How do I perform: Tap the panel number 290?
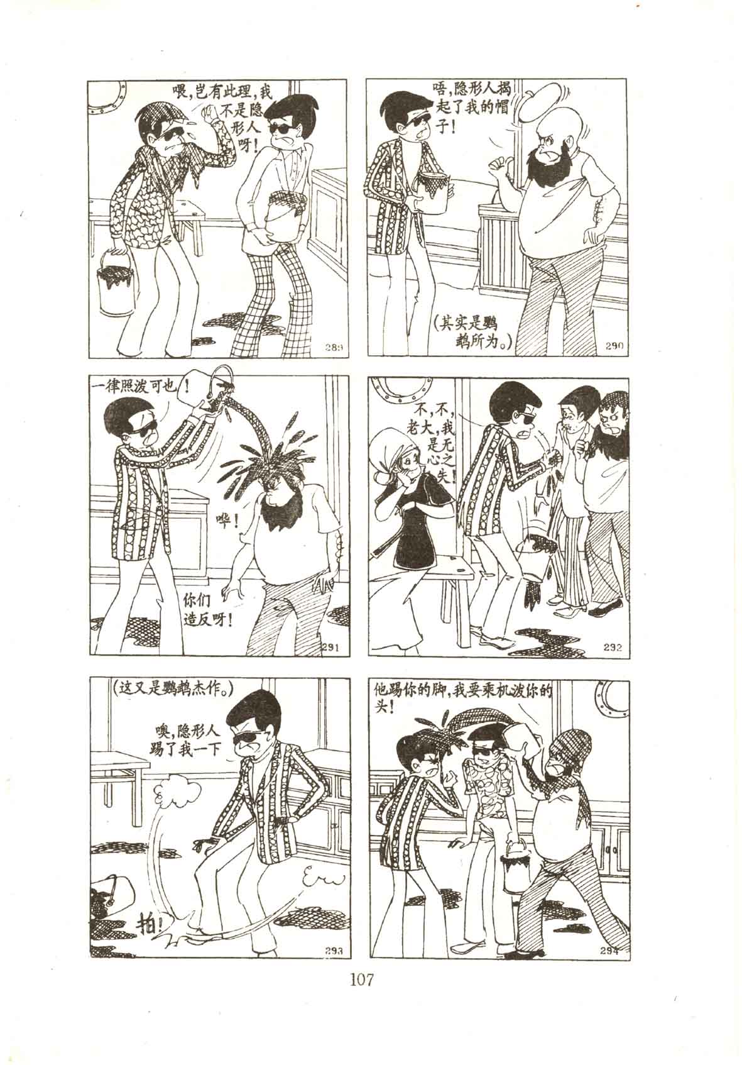pos(614,347)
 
